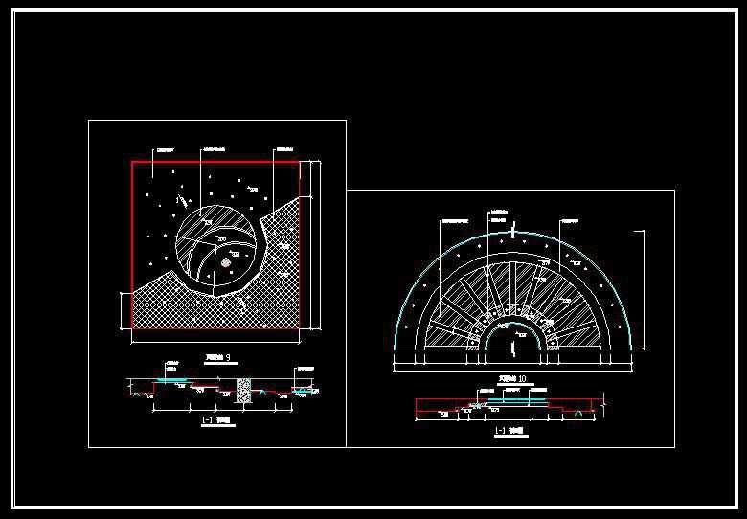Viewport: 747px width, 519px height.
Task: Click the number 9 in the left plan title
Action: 227,358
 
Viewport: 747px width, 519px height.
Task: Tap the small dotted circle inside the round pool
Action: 226,260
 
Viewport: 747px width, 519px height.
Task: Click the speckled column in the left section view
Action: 244,388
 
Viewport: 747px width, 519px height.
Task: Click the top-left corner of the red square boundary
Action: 132,162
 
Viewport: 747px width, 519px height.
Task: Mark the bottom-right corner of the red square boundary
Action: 300,328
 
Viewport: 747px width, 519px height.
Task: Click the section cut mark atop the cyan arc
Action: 513,231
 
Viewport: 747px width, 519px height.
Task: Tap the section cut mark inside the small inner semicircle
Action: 513,350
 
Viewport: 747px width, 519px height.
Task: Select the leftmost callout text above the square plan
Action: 168,149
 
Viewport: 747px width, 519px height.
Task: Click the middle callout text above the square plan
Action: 215,149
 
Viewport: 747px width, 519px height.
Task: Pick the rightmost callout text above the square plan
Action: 283,149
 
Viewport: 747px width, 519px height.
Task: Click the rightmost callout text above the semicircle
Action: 572,219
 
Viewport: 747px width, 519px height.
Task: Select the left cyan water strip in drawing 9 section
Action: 172,380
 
